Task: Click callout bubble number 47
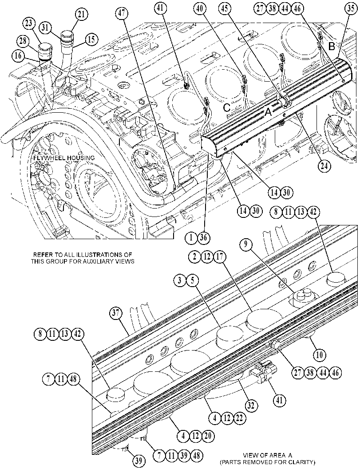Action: [x=123, y=13]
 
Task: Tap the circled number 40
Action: [x=200, y=9]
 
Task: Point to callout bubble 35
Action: [x=350, y=9]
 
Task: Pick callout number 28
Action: [x=23, y=41]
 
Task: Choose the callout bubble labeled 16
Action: [x=18, y=55]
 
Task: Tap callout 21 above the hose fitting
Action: [x=82, y=14]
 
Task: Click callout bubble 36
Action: [x=203, y=238]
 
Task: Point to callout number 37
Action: [x=115, y=313]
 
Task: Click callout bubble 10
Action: [x=320, y=355]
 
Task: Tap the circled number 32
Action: [x=250, y=406]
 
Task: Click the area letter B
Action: [x=332, y=46]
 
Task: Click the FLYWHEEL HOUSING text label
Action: [x=64, y=158]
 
